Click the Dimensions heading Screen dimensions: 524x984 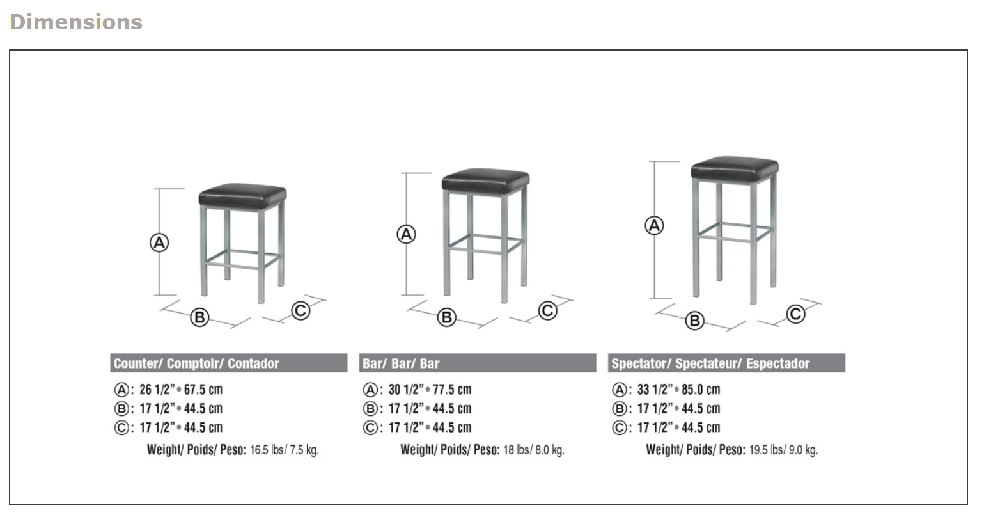pyautogui.click(x=76, y=22)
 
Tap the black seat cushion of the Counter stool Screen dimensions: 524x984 pyautogui.click(x=242, y=195)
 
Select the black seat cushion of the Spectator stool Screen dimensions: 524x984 pyautogui.click(x=735, y=168)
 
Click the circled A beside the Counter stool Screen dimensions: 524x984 pyautogui.click(x=159, y=243)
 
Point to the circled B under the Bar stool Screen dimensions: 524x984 pyautogui.click(x=447, y=317)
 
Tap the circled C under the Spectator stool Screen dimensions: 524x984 pyautogui.click(x=795, y=314)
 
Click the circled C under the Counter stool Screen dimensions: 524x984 pyautogui.click(x=301, y=311)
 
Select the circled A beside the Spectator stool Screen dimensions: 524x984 pyautogui.click(x=654, y=226)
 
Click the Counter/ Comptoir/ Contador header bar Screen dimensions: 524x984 pyautogui.click(x=228, y=363)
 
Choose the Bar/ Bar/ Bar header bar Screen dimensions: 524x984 pyautogui.click(x=477, y=363)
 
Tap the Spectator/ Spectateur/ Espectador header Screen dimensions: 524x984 pyautogui.click(x=726, y=363)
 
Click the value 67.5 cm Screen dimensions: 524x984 pyautogui.click(x=203, y=390)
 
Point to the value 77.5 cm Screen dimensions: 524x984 pyautogui.click(x=452, y=390)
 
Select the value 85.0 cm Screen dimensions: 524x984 pyautogui.click(x=701, y=390)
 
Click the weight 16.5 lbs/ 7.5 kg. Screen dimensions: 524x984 pyautogui.click(x=284, y=450)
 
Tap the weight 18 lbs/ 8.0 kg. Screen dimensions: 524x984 pyautogui.click(x=533, y=450)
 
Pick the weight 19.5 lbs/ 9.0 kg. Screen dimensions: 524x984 pyautogui.click(x=783, y=450)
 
